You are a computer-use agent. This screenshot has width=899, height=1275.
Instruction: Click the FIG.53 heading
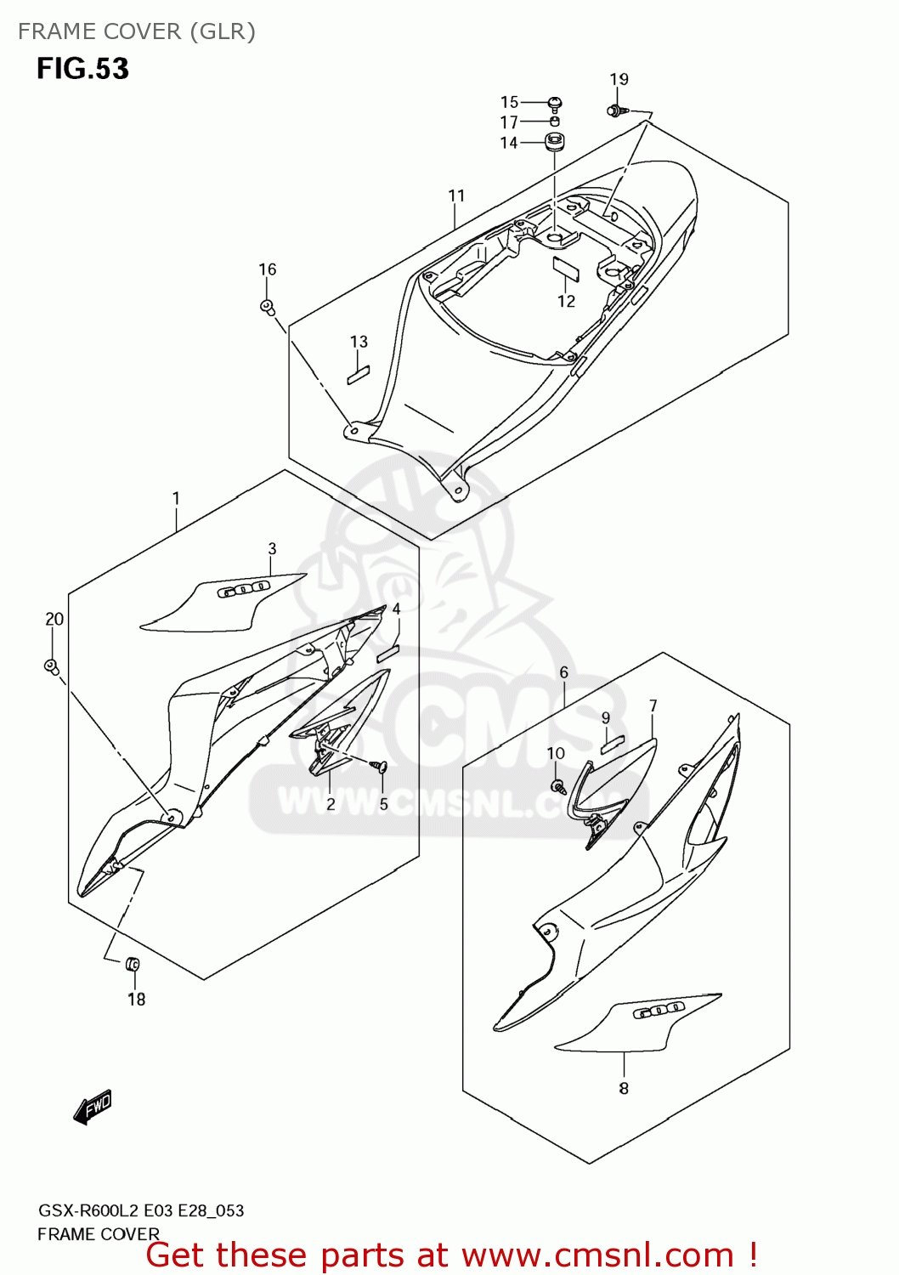tap(82, 68)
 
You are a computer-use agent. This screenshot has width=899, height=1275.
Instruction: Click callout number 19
tap(619, 79)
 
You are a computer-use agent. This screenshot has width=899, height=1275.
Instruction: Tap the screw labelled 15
tap(555, 104)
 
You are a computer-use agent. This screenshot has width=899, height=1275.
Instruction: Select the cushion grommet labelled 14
tap(555, 142)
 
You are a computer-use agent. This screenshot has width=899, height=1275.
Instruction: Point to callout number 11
tap(457, 195)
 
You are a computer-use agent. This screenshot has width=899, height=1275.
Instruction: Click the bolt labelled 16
tap(267, 306)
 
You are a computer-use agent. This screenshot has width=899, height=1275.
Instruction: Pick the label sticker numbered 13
tap(359, 374)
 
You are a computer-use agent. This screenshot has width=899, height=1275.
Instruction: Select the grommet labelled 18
tap(133, 964)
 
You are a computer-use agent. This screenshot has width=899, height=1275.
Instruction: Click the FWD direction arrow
tap(93, 1107)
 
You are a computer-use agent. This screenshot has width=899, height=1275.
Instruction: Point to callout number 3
tap(272, 549)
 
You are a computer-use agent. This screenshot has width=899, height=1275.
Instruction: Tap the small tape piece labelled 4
tap(388, 652)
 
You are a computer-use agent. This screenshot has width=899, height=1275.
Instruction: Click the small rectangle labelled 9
tap(613, 745)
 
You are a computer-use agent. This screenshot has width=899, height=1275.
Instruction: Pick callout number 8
tap(624, 1089)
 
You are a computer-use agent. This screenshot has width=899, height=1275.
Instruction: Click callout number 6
tap(563, 672)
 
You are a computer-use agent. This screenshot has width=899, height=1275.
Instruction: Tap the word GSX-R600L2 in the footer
tap(88, 1210)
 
